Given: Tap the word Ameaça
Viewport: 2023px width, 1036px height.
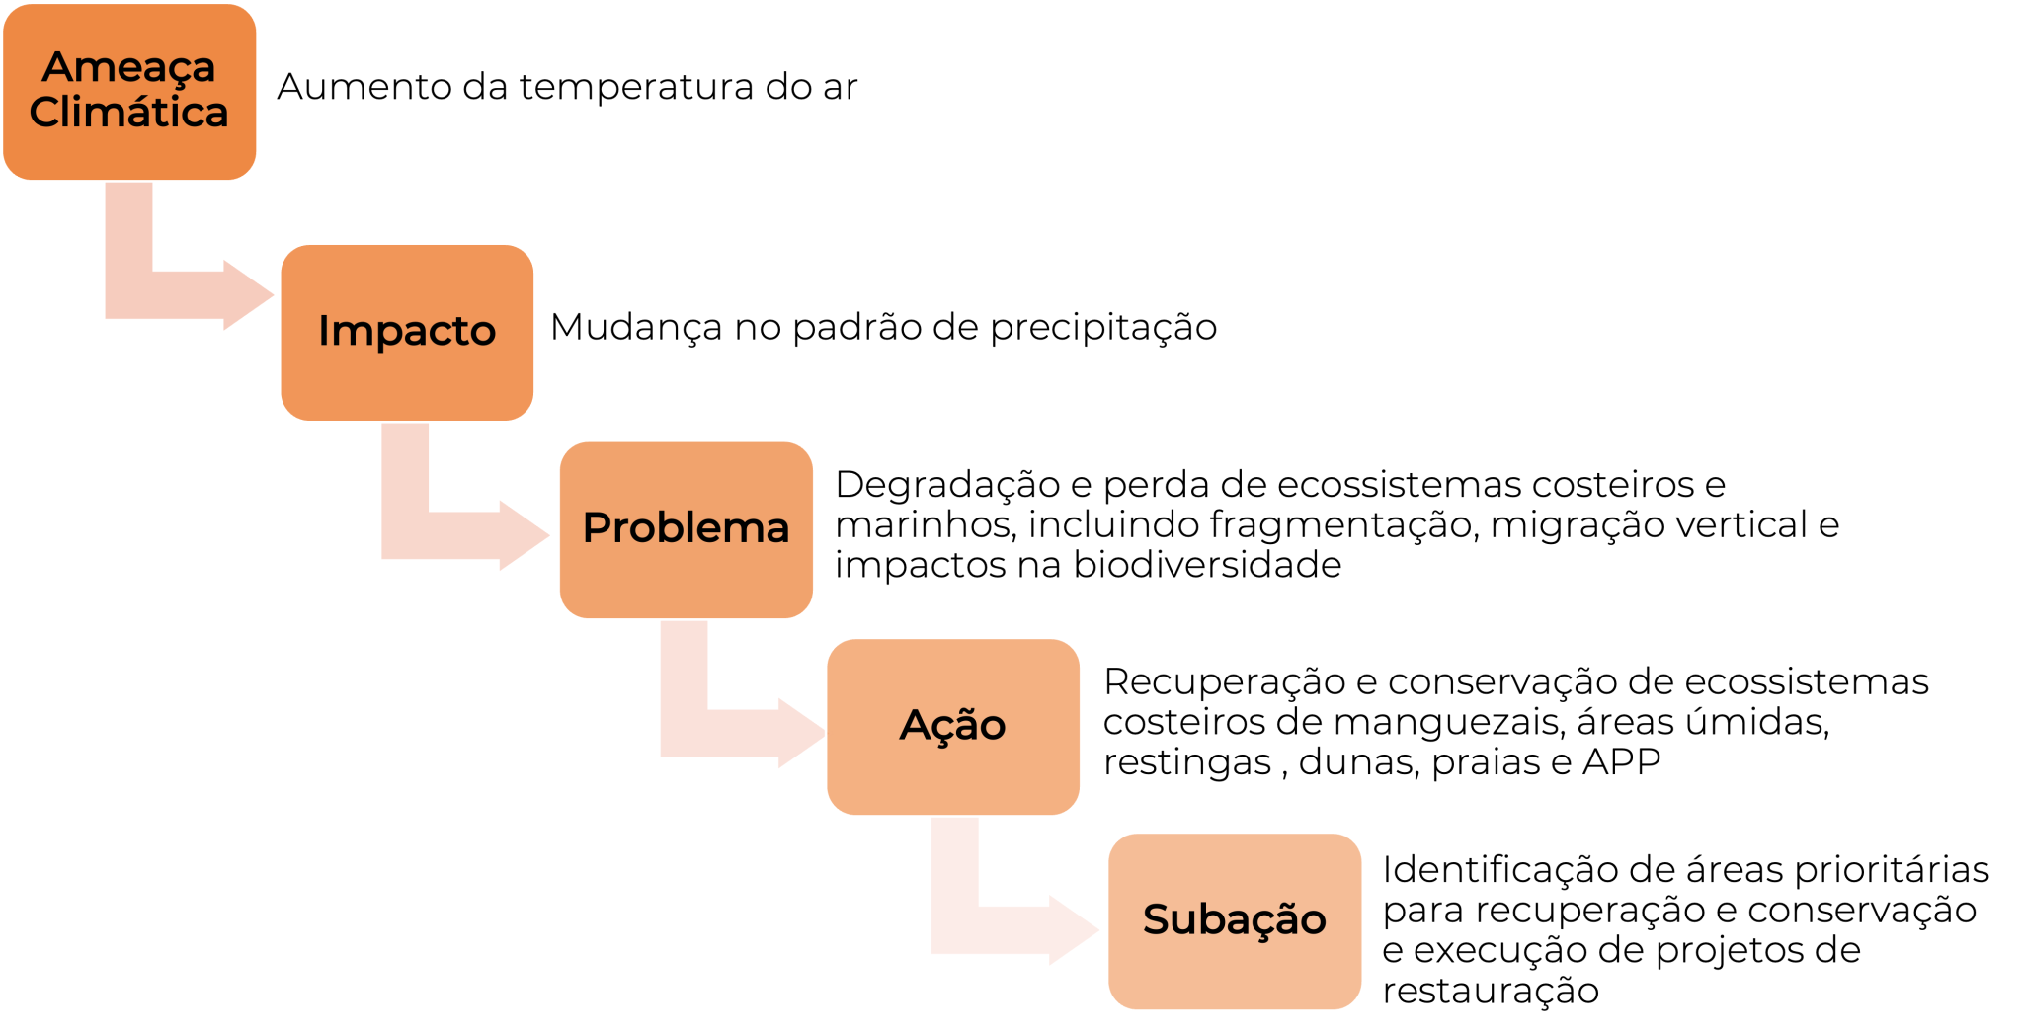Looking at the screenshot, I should coord(128,67).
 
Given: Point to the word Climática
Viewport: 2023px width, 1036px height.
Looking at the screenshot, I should coord(128,112).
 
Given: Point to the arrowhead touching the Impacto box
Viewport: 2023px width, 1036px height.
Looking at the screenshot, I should coord(247,295).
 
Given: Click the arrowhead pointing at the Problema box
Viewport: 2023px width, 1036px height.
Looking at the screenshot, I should coord(524,535).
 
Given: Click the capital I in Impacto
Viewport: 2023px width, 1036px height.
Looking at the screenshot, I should coord(322,331).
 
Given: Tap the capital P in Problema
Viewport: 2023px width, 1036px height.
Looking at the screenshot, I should coord(596,527).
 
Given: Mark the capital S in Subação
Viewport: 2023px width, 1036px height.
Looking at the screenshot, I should coord(1156,919).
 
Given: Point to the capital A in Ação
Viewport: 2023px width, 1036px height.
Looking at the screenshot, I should coord(915,725).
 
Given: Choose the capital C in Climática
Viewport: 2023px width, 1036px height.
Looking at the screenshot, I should coord(47,112).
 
